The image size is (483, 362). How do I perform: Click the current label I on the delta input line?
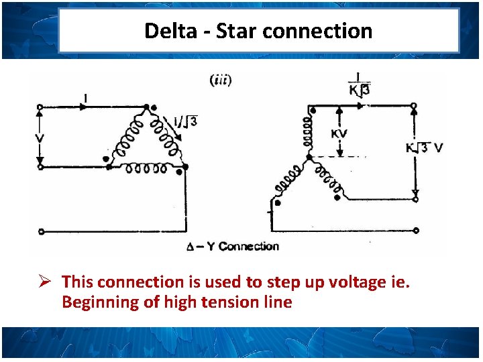(85, 98)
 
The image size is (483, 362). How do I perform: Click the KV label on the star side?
(339, 133)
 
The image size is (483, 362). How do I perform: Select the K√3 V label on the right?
(425, 147)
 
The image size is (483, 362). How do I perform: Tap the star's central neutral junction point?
(309, 157)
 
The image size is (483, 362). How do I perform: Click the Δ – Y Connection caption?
(232, 246)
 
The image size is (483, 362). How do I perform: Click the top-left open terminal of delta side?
(40, 106)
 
